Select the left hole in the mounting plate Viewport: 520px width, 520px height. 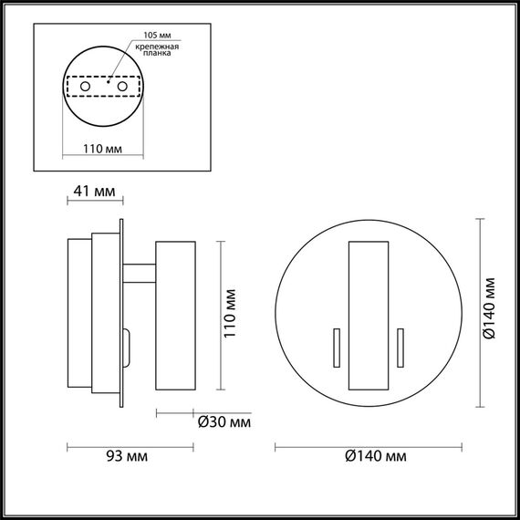point(86,86)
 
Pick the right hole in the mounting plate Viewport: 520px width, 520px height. point(120,86)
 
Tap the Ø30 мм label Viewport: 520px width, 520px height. point(224,422)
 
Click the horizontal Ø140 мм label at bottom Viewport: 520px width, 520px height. point(376,455)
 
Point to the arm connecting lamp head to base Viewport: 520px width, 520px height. point(140,271)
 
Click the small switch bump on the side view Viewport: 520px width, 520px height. point(128,349)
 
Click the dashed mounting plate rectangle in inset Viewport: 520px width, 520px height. point(103,86)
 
